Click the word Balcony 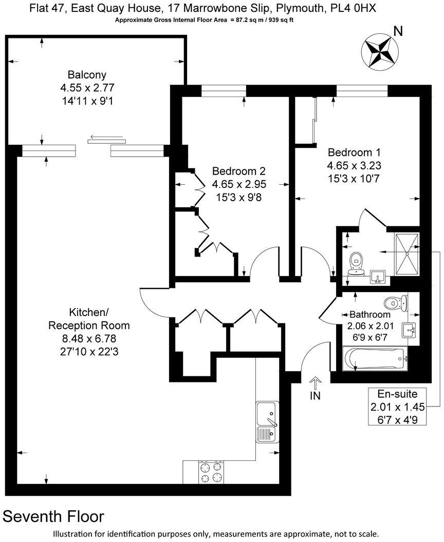tap(87, 75)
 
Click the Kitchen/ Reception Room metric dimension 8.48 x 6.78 tap(89, 338)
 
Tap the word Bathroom tap(369, 314)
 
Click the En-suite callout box tap(394, 407)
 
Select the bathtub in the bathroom tap(374, 358)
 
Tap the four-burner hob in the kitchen tap(210, 472)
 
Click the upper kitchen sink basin tap(267, 412)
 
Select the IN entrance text tap(316, 397)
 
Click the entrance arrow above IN tap(316, 382)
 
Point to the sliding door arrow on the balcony tap(106, 138)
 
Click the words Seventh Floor tap(54, 516)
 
